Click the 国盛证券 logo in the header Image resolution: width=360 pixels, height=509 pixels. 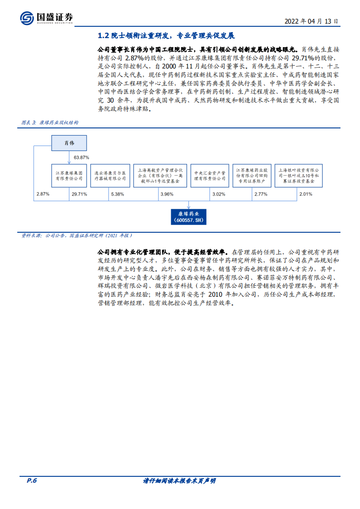(x=46, y=18)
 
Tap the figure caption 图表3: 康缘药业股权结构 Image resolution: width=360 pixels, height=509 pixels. (x=50, y=122)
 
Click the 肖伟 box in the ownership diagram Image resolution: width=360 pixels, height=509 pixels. (x=69, y=143)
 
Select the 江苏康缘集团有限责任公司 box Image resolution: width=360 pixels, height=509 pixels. (x=69, y=176)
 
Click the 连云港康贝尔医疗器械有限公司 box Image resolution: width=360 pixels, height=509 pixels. (x=109, y=176)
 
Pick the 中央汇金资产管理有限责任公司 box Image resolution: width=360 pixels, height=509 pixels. (x=210, y=176)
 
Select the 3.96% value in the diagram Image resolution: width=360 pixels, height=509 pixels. (x=167, y=194)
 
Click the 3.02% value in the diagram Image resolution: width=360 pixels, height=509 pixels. (x=219, y=194)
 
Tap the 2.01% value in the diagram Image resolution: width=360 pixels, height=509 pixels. (x=306, y=194)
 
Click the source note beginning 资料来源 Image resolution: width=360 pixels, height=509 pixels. (x=77, y=235)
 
